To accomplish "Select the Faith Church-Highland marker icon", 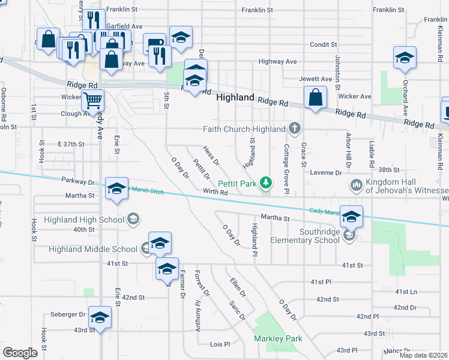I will (294, 128).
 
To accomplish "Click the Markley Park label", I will (277, 339).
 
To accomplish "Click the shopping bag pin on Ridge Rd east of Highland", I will (315, 98).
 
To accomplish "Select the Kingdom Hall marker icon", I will (356, 184).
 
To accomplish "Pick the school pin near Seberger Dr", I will (100, 317).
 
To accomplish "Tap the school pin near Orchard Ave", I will (405, 58).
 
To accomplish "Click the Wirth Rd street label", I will (215, 193).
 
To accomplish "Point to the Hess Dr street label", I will (211, 156).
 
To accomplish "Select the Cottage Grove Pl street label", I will (287, 169).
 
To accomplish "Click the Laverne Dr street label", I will (326, 173).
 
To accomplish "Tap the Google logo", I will (20, 353).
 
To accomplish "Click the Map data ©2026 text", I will (424, 355).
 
